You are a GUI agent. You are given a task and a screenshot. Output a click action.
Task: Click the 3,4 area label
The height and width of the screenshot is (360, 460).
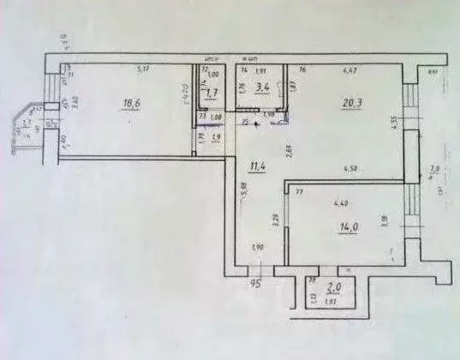click(266, 87)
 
